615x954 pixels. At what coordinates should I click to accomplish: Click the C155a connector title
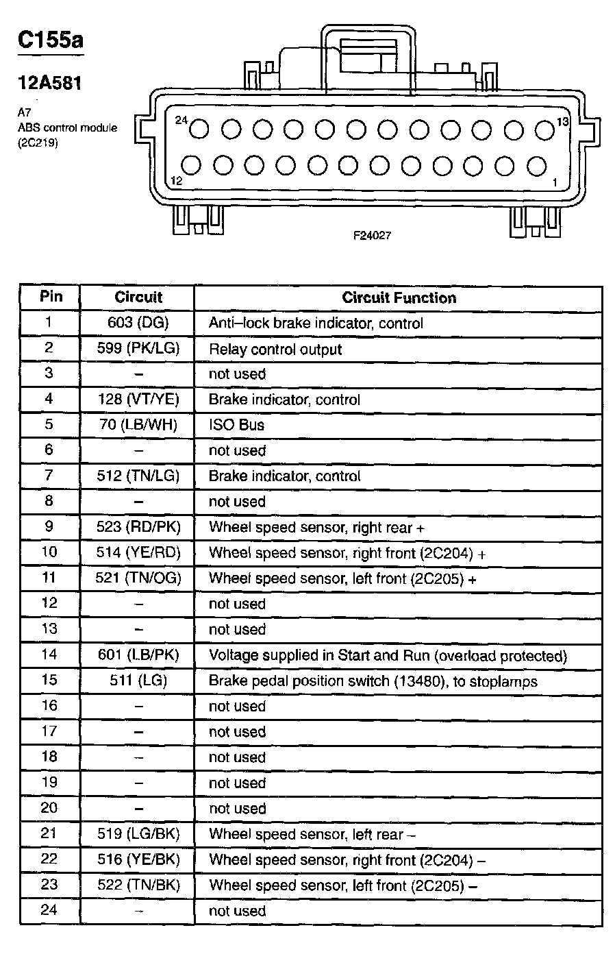pyautogui.click(x=50, y=40)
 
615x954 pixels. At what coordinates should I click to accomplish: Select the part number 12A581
pyautogui.click(x=49, y=84)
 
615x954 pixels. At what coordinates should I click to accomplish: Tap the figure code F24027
pyautogui.click(x=372, y=235)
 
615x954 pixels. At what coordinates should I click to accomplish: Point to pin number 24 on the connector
pyautogui.click(x=181, y=120)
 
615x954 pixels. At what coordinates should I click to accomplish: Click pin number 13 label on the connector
pyautogui.click(x=562, y=122)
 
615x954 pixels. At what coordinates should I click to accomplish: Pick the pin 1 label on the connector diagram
pyautogui.click(x=554, y=182)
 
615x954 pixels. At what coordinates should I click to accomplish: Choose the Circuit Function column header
pyautogui.click(x=399, y=297)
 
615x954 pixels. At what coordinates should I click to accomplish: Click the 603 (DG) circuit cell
pyautogui.click(x=138, y=322)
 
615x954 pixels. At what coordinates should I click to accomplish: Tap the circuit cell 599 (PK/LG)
pyautogui.click(x=138, y=348)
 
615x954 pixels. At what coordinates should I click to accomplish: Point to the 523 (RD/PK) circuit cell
pyautogui.click(x=138, y=527)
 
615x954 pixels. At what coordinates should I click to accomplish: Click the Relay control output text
pyautogui.click(x=275, y=350)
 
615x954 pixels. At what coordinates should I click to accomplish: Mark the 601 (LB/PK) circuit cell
pyautogui.click(x=138, y=655)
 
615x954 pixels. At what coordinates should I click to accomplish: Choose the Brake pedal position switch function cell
pyautogui.click(x=373, y=681)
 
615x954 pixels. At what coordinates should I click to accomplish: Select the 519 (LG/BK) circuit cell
pyautogui.click(x=138, y=834)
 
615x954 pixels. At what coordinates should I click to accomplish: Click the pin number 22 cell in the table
pyautogui.click(x=49, y=859)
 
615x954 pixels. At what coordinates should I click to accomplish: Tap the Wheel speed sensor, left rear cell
pyautogui.click(x=312, y=834)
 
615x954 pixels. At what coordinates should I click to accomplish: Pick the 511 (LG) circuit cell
pyautogui.click(x=138, y=681)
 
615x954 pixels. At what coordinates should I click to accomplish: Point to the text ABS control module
pyautogui.click(x=67, y=128)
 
